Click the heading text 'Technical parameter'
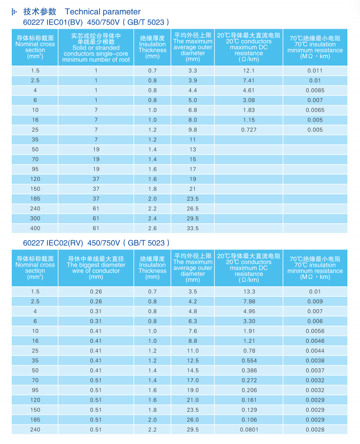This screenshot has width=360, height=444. click(x=103, y=12)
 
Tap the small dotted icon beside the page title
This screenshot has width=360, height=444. click(x=14, y=12)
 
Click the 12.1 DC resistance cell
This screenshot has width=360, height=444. click(x=249, y=70)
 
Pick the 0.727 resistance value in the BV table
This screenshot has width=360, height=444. click(x=249, y=130)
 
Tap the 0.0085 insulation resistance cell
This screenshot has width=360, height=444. click(x=315, y=90)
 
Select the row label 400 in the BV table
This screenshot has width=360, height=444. click(x=35, y=228)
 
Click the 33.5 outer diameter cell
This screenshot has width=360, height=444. click(x=193, y=228)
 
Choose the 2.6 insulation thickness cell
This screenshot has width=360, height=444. click(x=152, y=228)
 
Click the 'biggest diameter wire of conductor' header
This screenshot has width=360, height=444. click(x=96, y=268)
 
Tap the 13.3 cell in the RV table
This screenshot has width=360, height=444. click(x=249, y=292)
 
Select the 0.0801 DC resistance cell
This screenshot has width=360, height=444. click(x=249, y=429)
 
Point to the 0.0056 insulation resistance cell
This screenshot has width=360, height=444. click(x=315, y=331)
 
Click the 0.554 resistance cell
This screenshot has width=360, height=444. click(x=249, y=361)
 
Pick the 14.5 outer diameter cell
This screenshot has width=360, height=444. click(x=193, y=371)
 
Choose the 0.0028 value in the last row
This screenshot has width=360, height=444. click(x=315, y=429)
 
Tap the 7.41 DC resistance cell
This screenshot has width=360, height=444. click(x=249, y=80)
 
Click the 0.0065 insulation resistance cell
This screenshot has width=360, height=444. click(x=315, y=110)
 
